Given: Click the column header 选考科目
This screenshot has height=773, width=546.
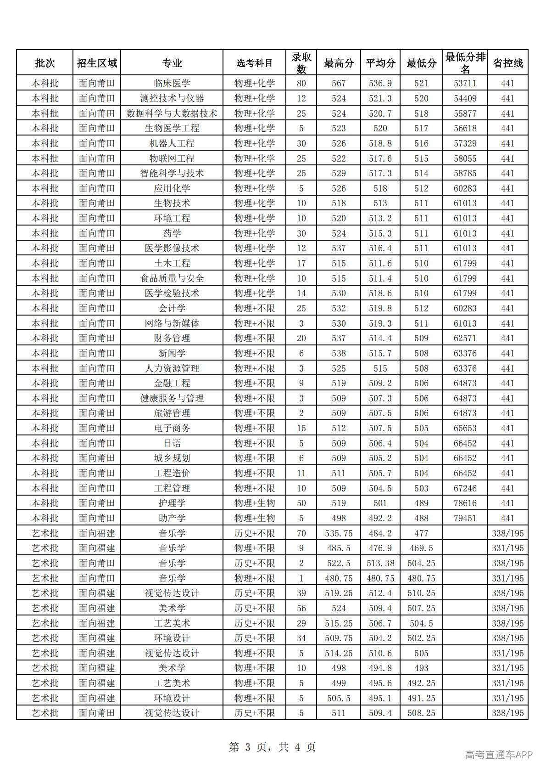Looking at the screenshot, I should point(254,63).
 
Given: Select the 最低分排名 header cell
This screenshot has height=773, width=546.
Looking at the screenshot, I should point(465,63).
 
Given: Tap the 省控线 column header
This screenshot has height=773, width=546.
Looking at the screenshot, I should point(507,63).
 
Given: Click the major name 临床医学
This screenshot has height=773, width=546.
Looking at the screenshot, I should point(172,83).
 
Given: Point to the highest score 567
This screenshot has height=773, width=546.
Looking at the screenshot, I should point(339,83).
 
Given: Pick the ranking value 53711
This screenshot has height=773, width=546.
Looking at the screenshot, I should point(465,83).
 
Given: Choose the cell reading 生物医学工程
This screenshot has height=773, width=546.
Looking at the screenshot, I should point(172,128).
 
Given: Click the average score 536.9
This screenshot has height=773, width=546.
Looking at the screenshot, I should point(380,83).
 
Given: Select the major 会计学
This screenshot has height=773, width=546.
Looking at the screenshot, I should point(172,308).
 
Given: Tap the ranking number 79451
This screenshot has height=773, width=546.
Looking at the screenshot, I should point(465,518).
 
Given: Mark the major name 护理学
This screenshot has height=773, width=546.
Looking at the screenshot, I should point(172,503).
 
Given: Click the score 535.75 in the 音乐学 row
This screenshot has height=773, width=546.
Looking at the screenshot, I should point(339,533).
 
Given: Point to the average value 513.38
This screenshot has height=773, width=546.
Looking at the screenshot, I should point(380,563).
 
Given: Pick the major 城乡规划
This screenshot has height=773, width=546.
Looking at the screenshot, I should point(172,458).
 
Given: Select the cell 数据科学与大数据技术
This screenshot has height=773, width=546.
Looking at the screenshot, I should point(172,113).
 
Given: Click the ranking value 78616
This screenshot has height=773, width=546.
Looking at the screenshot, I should point(465,503).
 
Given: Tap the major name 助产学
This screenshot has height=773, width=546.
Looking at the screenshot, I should point(172,518).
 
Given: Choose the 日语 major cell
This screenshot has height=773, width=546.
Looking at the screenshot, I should point(172,443).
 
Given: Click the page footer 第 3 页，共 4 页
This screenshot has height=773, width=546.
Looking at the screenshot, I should point(273,747).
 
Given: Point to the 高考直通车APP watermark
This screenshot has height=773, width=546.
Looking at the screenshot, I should point(499,755).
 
